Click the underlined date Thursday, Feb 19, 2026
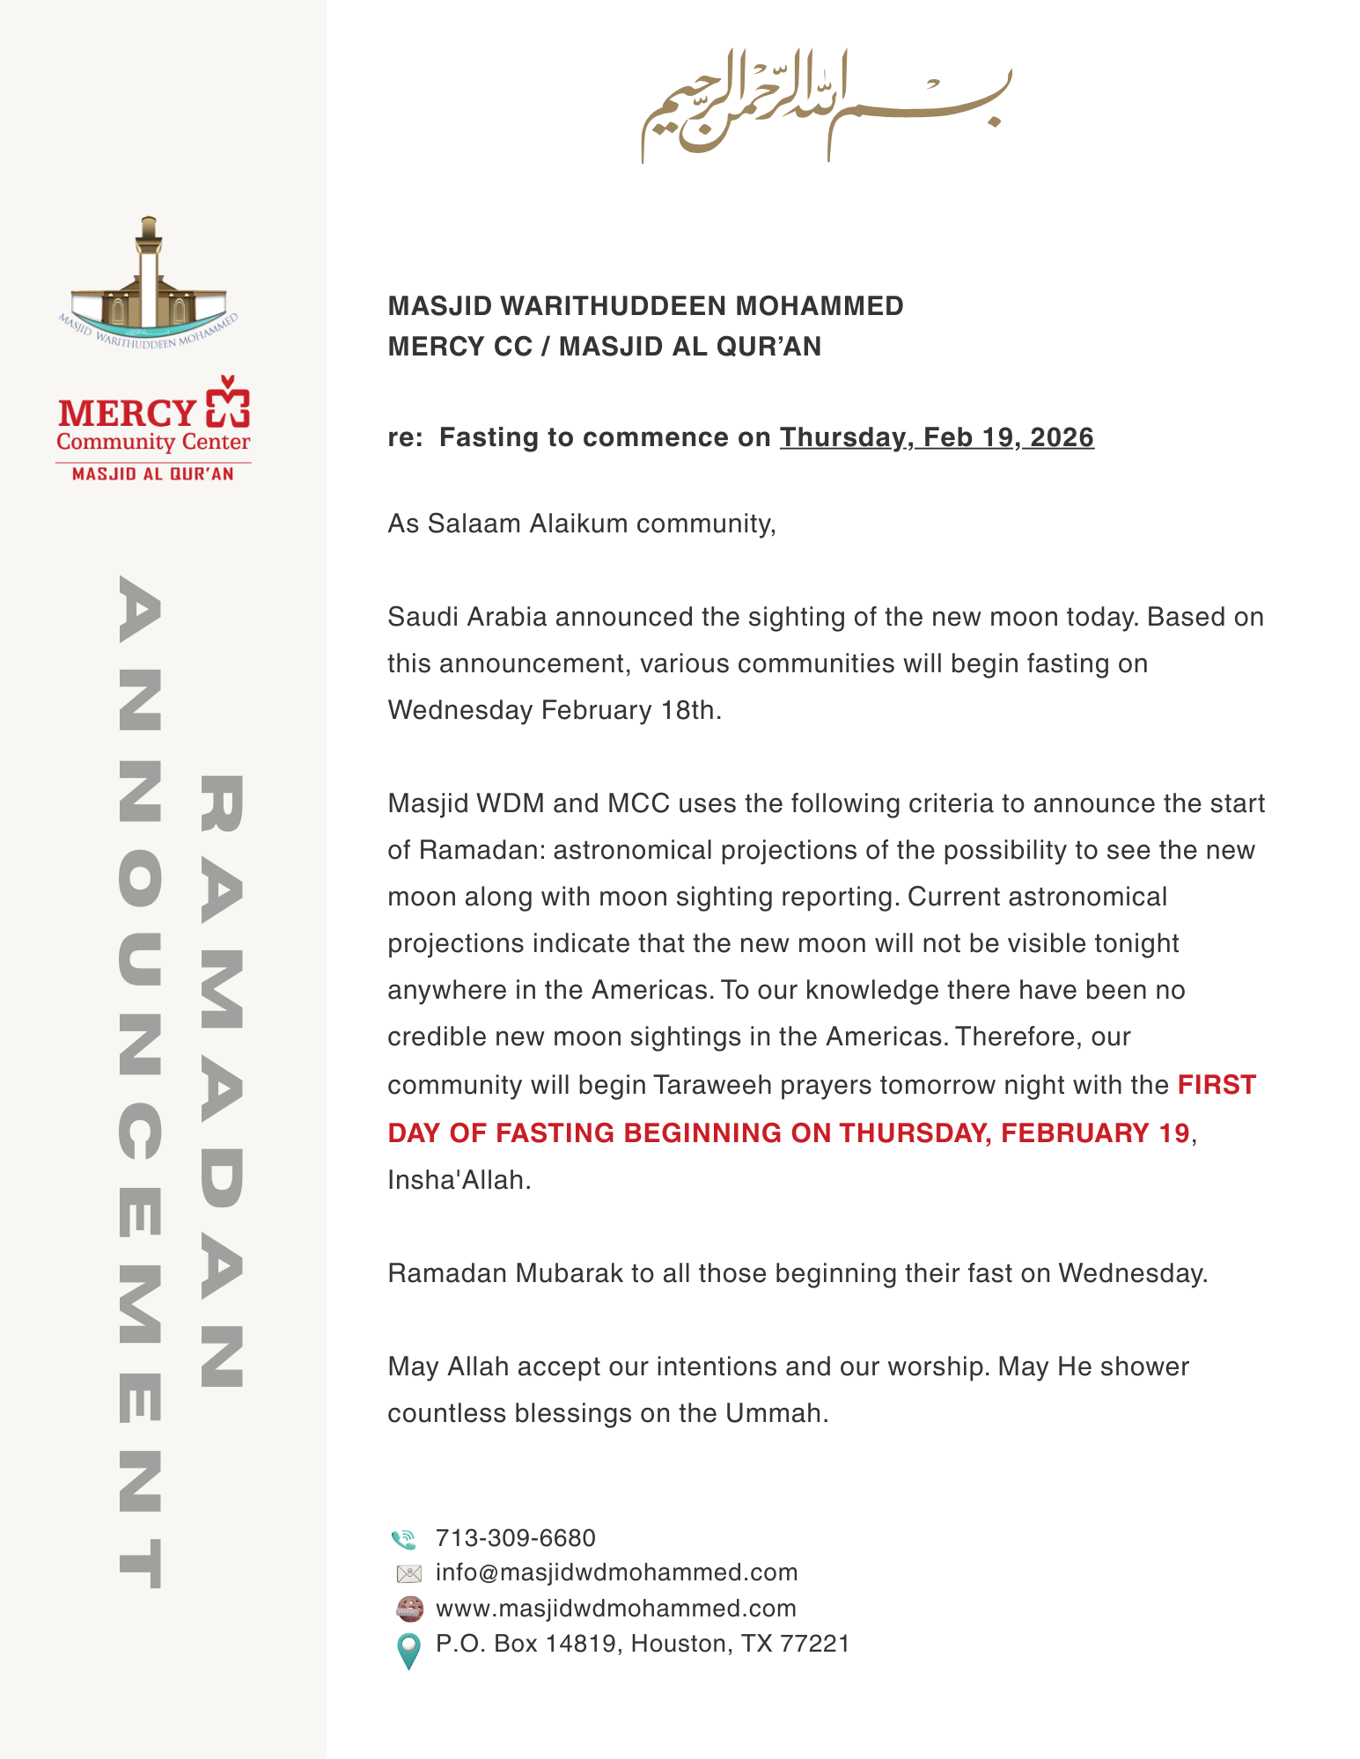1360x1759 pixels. coord(937,437)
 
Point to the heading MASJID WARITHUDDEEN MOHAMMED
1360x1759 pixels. coord(645,306)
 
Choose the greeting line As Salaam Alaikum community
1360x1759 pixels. coord(581,524)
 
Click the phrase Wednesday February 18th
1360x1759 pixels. coord(555,710)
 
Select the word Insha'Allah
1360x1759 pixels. coord(459,1180)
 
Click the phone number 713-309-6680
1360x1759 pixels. coord(515,1538)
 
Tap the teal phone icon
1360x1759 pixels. coord(404,1539)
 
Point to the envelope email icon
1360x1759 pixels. coord(409,1573)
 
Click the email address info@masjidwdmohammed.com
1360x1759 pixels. coord(616,1572)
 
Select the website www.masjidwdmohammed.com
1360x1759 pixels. coord(615,1609)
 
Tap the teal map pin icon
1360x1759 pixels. coord(408,1650)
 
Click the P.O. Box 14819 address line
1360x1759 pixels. coord(643,1644)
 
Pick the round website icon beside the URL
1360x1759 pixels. coord(409,1609)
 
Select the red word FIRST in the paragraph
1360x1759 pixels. coord(1217,1085)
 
